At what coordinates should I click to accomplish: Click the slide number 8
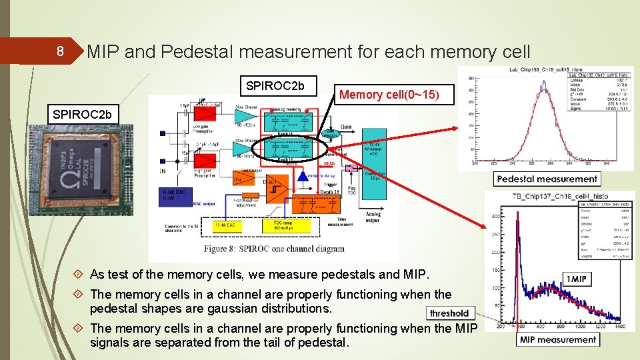tap(59, 51)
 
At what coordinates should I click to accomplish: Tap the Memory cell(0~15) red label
tap(389, 95)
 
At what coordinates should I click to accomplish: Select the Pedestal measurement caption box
tap(547, 179)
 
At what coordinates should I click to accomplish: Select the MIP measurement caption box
tap(559, 339)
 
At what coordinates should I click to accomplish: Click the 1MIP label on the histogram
tap(576, 279)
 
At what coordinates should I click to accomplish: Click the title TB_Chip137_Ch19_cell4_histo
tap(561, 197)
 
